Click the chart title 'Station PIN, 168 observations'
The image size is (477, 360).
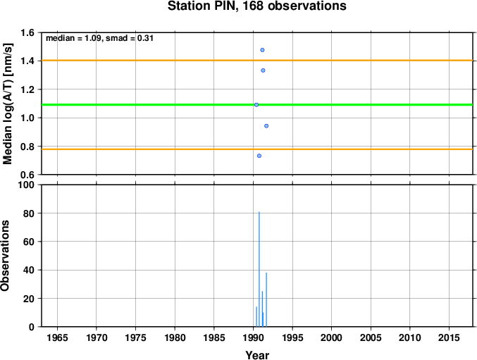click(256, 6)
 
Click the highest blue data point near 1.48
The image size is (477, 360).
click(262, 50)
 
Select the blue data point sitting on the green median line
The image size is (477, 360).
click(256, 105)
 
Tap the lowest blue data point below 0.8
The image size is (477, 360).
click(259, 156)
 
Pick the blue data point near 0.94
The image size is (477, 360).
click(266, 126)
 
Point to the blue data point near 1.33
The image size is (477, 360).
click(263, 70)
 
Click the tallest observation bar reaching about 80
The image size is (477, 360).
click(259, 269)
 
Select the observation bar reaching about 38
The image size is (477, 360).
click(266, 300)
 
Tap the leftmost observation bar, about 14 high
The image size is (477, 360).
click(256, 317)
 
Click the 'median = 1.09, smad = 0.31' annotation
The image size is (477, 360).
click(99, 38)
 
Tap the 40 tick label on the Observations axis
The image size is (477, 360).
click(29, 270)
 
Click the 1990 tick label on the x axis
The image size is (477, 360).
click(254, 337)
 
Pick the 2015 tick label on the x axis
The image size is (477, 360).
click(449, 337)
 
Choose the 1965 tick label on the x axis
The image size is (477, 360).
click(58, 337)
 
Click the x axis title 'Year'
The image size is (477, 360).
click(257, 355)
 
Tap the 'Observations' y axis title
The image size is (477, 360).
click(5, 256)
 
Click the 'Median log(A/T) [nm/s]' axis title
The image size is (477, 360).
click(7, 104)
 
